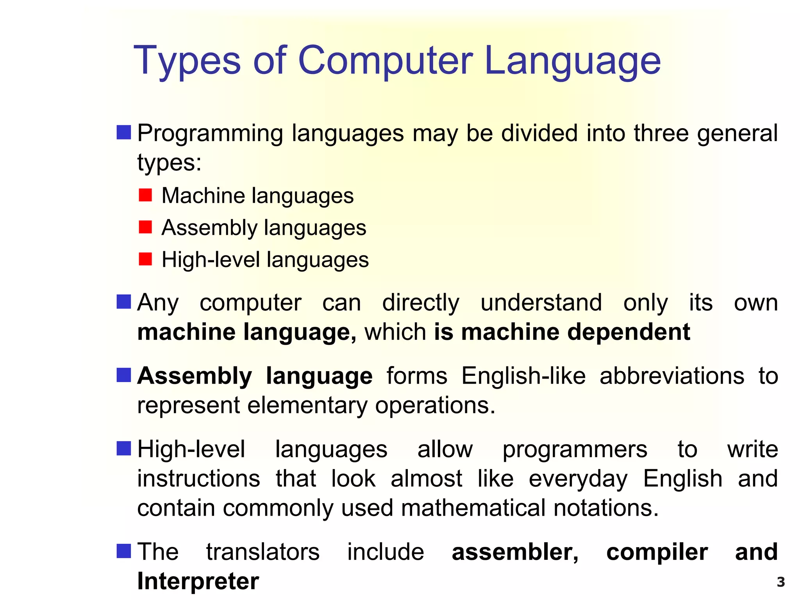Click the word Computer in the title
386,61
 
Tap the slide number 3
780,582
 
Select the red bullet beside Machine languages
145,195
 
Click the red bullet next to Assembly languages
145,227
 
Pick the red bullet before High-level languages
145,259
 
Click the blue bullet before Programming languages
124,132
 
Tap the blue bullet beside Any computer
124,302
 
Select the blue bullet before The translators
124,551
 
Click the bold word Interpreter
198,581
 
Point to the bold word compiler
657,552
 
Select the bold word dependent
629,332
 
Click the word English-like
523,377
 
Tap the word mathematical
473,508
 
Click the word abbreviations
672,376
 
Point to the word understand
541,303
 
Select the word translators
263,552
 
